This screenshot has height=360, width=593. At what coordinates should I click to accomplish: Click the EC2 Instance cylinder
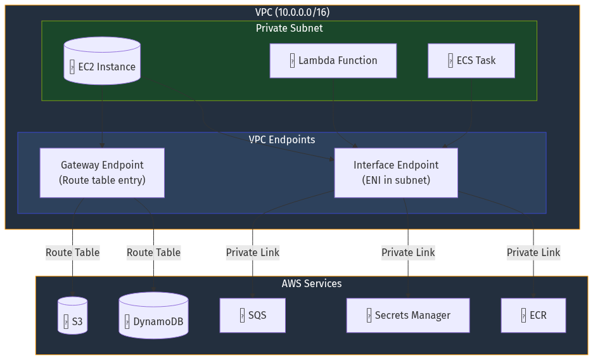(x=102, y=61)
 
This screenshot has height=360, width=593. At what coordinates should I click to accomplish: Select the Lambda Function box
(x=333, y=61)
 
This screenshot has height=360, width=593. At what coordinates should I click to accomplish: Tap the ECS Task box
(x=471, y=61)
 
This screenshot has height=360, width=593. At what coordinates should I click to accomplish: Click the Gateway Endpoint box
(x=102, y=172)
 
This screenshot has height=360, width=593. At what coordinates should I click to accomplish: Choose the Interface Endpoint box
(x=396, y=172)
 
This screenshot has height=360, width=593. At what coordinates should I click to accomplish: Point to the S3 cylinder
(x=73, y=316)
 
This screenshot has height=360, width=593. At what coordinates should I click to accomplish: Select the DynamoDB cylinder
(x=153, y=316)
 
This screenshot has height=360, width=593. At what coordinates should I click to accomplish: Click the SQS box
(x=252, y=315)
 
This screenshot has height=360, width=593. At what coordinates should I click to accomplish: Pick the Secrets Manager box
(x=407, y=315)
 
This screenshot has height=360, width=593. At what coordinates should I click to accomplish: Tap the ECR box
(x=533, y=315)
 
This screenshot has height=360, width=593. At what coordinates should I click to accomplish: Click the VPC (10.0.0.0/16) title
(x=292, y=12)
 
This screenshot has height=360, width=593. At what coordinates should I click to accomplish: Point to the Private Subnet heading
(x=289, y=28)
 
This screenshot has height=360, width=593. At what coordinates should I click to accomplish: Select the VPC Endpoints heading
(x=281, y=139)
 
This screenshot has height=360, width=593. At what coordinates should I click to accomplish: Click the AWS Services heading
(x=311, y=283)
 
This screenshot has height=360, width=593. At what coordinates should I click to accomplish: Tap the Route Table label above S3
(x=73, y=252)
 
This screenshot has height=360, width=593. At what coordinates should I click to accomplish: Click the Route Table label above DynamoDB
(x=153, y=252)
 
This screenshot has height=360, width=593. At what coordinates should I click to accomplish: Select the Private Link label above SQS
(x=252, y=252)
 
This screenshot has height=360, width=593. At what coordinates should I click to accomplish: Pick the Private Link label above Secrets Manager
(x=407, y=252)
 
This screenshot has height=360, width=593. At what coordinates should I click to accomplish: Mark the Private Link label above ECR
(x=533, y=252)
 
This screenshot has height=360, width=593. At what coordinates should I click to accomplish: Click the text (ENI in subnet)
(x=396, y=180)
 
